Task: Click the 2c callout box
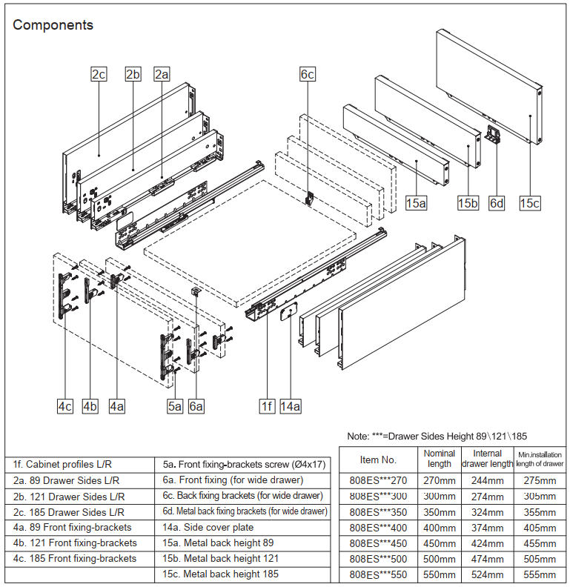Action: pyautogui.click(x=99, y=74)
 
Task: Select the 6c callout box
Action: pyautogui.click(x=308, y=74)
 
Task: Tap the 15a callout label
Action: pyautogui.click(x=417, y=203)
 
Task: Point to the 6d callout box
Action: pyautogui.click(x=497, y=203)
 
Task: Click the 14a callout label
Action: pyautogui.click(x=291, y=406)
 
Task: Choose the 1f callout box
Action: pyautogui.click(x=267, y=406)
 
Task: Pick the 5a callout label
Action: pyautogui.click(x=175, y=406)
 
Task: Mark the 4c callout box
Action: pyautogui.click(x=65, y=406)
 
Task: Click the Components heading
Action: pyautogui.click(x=53, y=25)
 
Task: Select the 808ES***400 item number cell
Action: pyautogui.click(x=378, y=527)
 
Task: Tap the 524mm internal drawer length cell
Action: pyautogui.click(x=487, y=574)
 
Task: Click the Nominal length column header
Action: pyautogui.click(x=440, y=458)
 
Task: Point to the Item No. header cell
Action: pyautogui.click(x=378, y=460)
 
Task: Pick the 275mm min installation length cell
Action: pyautogui.click(x=539, y=480)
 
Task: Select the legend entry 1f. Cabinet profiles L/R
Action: pyautogui.click(x=57, y=464)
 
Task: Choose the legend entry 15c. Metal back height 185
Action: pyautogui.click(x=221, y=574)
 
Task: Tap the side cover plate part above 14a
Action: pyautogui.click(x=288, y=314)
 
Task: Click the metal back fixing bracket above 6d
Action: pyautogui.click(x=495, y=135)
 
